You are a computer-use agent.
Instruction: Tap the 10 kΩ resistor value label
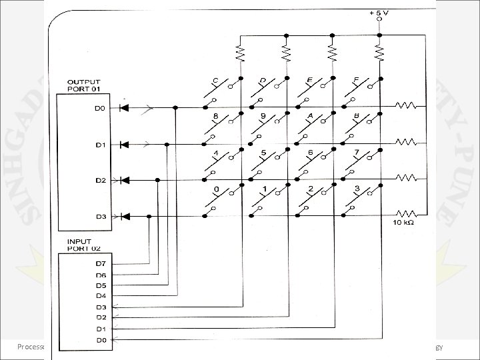pyautogui.click(x=404, y=222)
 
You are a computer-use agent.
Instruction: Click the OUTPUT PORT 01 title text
pyautogui.click(x=83, y=85)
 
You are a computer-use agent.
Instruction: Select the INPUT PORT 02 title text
pyautogui.click(x=79, y=245)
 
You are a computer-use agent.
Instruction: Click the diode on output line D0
pyautogui.click(x=124, y=107)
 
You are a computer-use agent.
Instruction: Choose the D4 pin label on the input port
pyautogui.click(x=101, y=295)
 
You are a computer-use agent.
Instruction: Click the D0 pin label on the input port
pyautogui.click(x=101, y=340)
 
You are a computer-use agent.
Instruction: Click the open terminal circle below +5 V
pyautogui.click(x=379, y=20)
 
